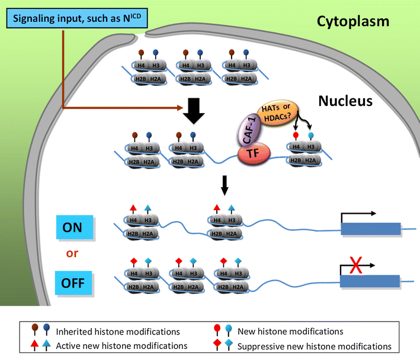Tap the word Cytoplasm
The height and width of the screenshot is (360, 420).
tap(345, 22)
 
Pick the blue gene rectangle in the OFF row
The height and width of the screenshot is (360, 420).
tap(370, 281)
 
